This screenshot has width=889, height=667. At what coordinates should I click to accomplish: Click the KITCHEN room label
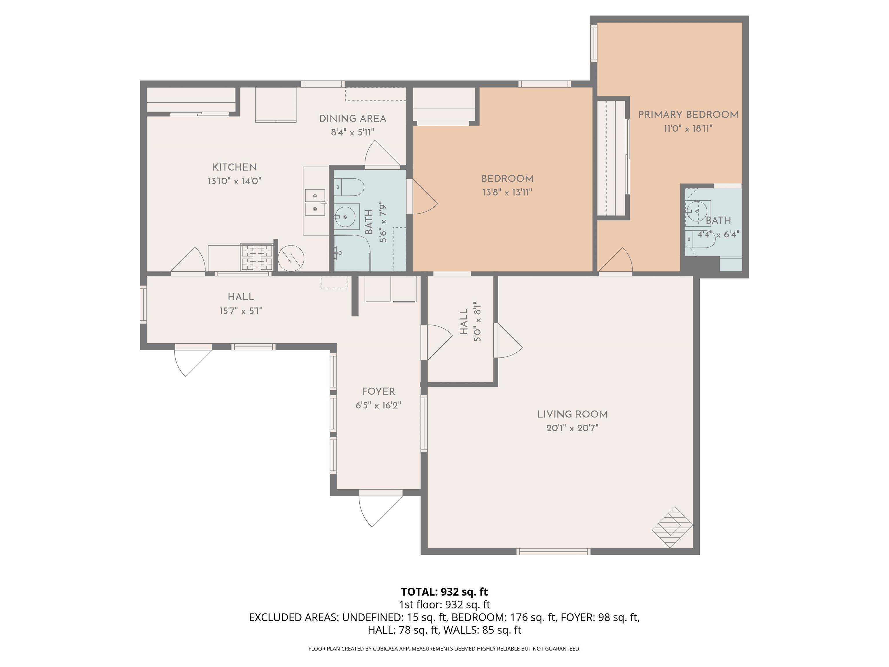click(x=234, y=167)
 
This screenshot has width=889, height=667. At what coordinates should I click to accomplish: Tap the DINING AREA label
click(x=352, y=119)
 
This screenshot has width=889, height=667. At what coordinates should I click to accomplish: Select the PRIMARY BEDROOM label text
click(x=688, y=115)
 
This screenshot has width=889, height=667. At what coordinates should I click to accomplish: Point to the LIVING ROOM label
click(x=572, y=414)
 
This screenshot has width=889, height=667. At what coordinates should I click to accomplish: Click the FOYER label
click(x=378, y=391)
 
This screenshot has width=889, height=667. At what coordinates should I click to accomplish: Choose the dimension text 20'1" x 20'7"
click(x=572, y=428)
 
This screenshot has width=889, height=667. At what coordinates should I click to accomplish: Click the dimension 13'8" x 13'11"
click(x=507, y=192)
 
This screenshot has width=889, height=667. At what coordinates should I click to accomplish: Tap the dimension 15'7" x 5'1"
click(x=241, y=310)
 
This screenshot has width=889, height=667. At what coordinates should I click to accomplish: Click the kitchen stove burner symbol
click(x=257, y=257)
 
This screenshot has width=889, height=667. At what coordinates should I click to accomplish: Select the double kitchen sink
click(x=316, y=202)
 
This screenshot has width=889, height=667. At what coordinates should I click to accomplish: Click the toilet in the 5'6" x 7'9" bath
click(x=349, y=187)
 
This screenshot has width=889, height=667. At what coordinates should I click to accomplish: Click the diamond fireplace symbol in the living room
click(x=672, y=527)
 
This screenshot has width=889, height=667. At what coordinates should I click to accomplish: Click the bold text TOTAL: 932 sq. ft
click(x=444, y=592)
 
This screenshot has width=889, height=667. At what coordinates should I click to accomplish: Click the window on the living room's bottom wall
click(x=553, y=551)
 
